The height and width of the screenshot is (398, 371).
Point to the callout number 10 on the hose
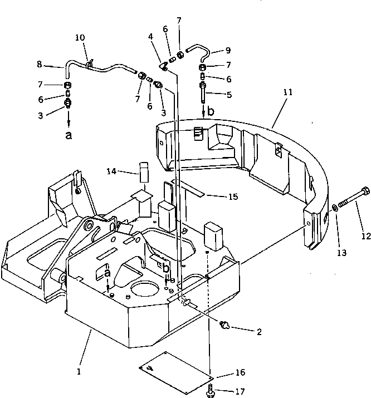tap(80, 38)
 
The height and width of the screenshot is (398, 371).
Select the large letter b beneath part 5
tap(210, 112)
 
